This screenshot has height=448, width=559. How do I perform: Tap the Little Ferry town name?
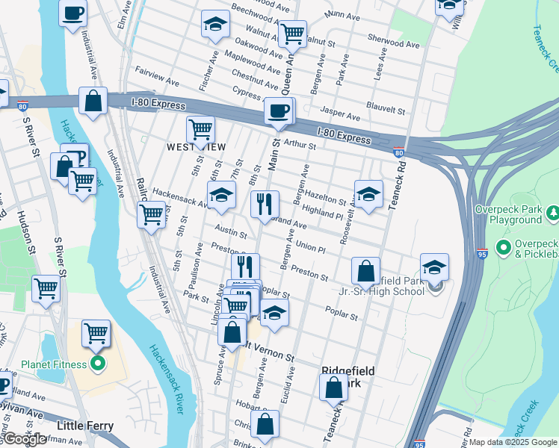[x=85, y=426]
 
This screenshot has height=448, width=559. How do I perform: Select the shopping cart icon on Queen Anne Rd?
[x=292, y=34]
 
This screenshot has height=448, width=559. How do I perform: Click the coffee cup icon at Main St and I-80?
[x=279, y=111]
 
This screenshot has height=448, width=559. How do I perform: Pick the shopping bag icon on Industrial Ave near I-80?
[x=93, y=102]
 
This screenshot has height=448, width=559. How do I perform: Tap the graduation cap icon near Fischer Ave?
[x=215, y=24]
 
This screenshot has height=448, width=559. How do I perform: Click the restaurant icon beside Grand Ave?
[x=265, y=205]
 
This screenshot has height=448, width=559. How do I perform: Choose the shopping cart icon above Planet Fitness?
[x=96, y=334]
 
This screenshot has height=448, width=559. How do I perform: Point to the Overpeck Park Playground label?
[x=516, y=215]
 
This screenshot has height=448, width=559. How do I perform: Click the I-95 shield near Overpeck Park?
[x=482, y=253]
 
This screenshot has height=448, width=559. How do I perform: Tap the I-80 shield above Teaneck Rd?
[x=399, y=153]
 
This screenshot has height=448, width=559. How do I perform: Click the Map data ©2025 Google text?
[x=513, y=442]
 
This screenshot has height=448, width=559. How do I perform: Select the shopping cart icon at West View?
[x=200, y=129]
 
